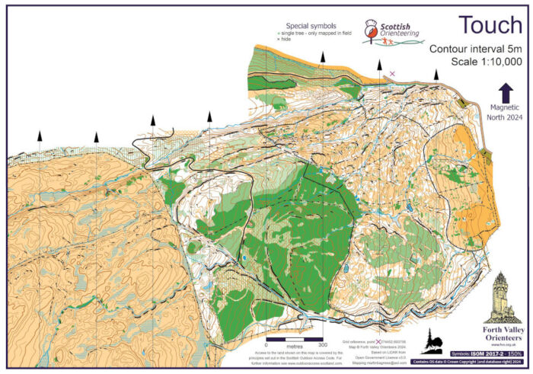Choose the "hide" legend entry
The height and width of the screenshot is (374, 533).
coord(286,39)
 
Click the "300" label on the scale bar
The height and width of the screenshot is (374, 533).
coord(333,344)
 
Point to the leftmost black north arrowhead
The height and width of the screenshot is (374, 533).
coord(40,135)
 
